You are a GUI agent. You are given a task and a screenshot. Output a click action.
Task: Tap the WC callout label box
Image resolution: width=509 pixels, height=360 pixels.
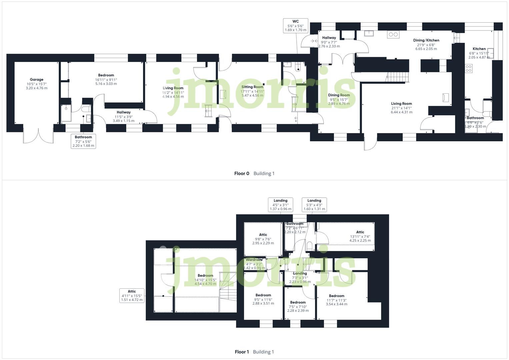pyautogui.click(x=295, y=26)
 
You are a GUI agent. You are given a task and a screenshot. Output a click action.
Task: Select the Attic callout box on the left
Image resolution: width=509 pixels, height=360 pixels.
pyautogui.click(x=132, y=296)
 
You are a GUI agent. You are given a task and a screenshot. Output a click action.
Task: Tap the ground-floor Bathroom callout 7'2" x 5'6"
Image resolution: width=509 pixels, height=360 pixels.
pyautogui.click(x=83, y=141)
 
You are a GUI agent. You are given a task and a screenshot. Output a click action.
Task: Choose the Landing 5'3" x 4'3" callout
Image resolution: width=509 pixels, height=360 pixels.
pyautogui.click(x=314, y=205)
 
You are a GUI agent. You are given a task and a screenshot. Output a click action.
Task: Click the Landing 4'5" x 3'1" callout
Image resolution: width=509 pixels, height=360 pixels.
pyautogui.click(x=280, y=205)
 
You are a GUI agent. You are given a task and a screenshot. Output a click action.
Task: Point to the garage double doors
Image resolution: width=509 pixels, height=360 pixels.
pyautogui.click(x=38, y=134)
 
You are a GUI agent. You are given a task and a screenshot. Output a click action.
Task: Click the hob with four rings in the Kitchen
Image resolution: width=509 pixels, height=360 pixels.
pyautogui.click(x=468, y=68)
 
